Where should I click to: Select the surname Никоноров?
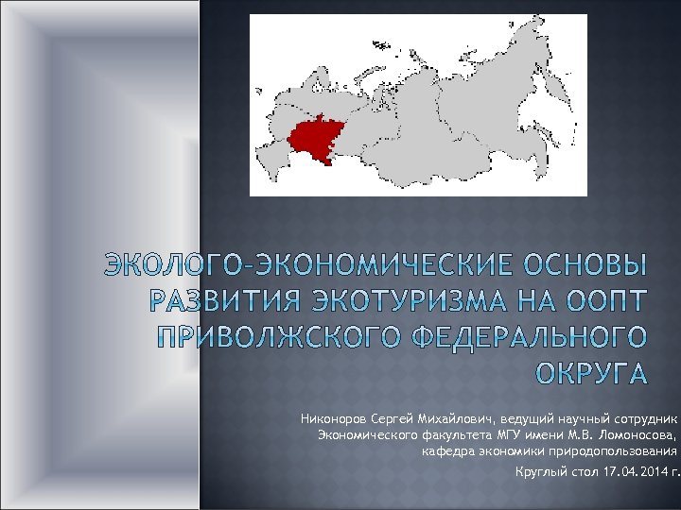(x=336, y=418)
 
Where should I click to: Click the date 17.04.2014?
(x=633, y=471)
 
